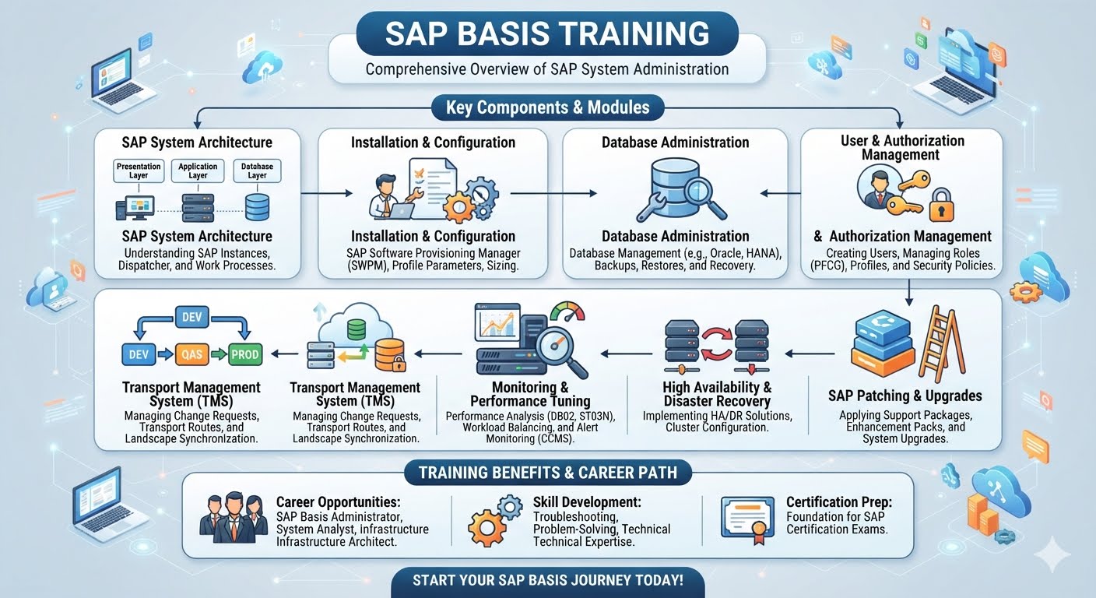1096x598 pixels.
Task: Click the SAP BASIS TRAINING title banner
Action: point(547,33)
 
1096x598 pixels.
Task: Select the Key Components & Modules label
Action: point(547,107)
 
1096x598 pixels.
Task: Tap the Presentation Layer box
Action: point(139,171)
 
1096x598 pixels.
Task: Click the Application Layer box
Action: point(198,171)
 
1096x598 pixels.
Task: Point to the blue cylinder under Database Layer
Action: point(257,207)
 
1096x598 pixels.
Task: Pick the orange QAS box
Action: point(191,354)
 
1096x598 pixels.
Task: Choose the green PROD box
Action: point(244,354)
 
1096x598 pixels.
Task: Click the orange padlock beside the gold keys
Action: point(941,206)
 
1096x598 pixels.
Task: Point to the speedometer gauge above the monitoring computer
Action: point(567,311)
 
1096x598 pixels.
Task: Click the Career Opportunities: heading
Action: point(338,502)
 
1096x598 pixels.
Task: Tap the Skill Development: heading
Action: point(587,502)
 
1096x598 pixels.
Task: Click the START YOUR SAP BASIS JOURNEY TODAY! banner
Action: point(548,582)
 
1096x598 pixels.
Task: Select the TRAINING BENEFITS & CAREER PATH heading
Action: point(548,473)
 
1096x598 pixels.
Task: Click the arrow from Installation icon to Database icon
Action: point(553,193)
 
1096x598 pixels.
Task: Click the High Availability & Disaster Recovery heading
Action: point(717,394)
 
